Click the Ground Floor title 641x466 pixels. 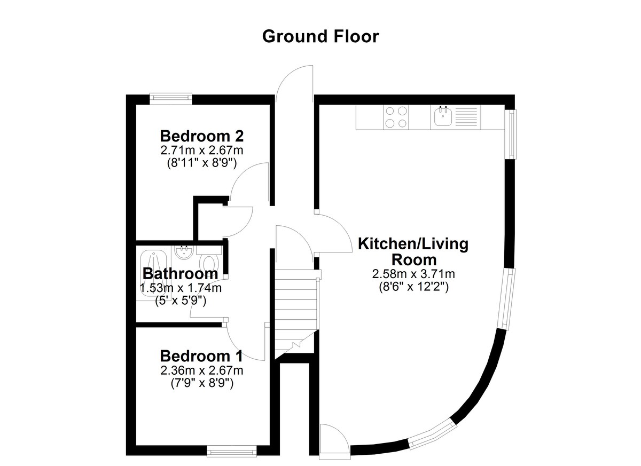point(320,37)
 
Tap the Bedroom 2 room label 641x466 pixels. point(202,136)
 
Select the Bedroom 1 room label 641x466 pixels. point(201,356)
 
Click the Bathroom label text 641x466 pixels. point(181,274)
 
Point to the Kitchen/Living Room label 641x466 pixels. point(413,252)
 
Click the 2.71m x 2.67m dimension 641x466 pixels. point(202,150)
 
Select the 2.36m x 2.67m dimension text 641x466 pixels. point(202,370)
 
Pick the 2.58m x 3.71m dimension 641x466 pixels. point(413,274)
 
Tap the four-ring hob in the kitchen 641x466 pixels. point(396,117)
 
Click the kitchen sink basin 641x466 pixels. point(443,117)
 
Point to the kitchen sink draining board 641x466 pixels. point(466,117)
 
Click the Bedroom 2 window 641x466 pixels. point(171,98)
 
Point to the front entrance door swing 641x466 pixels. point(294,83)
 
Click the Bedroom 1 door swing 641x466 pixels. point(246,341)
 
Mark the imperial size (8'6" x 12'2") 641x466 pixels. point(413,287)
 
